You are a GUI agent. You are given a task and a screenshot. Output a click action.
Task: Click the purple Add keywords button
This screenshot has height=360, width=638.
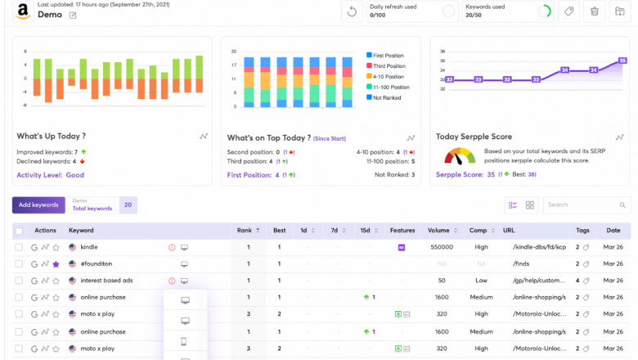coord(38,205)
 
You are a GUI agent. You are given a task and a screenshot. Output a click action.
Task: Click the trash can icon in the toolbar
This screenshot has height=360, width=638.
coord(595,11)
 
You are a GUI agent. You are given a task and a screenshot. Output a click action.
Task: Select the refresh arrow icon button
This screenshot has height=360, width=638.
coord(352,11)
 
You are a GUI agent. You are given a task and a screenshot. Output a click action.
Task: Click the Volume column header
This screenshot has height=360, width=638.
coord(438,230)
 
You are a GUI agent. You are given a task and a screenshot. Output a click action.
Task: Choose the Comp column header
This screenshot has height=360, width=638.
coord(478,230)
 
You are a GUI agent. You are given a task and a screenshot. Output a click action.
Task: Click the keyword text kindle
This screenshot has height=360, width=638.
coord(89,246)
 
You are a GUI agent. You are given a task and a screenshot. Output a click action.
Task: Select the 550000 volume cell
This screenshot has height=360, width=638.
coord(442,246)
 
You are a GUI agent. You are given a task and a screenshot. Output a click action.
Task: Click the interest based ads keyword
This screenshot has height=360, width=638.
coord(106,281)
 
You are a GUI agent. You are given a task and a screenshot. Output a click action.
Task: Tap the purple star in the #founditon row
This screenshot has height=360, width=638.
coord(56,264)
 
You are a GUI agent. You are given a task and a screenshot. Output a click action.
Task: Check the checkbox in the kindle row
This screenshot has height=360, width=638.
coord(19,246)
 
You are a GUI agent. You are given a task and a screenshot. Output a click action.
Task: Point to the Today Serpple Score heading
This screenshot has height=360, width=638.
coord(475,137)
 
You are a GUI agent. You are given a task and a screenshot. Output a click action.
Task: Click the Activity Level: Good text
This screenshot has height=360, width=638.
coord(51,174)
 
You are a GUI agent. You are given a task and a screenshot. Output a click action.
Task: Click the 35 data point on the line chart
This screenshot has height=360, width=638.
coord(622,61)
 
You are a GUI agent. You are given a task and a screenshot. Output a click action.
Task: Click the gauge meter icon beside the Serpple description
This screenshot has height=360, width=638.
coord(460,155)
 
